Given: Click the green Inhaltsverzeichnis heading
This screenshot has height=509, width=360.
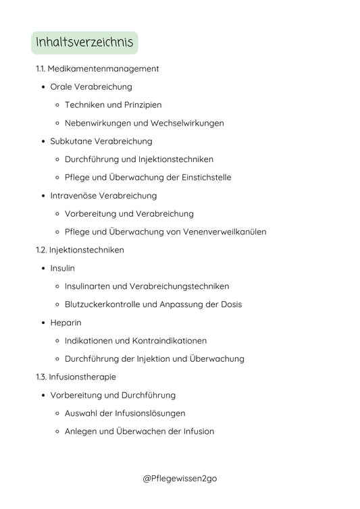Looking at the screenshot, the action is (84, 43).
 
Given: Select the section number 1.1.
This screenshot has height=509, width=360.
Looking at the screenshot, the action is (41, 69).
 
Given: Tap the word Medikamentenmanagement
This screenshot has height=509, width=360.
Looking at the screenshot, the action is (103, 69).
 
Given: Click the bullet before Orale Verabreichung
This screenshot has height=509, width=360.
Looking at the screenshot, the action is (44, 87).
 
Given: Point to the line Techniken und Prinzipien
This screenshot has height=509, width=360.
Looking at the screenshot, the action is (113, 105).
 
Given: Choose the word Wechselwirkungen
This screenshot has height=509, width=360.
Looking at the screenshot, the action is (184, 124).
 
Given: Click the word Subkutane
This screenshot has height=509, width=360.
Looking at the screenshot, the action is (71, 141).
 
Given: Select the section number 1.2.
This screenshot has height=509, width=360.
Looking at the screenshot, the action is (41, 250).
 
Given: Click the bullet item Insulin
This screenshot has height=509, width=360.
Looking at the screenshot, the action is (63, 268).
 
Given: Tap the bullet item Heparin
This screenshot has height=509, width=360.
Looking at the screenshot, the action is (66, 323).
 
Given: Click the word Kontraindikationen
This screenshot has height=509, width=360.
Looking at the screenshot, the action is (167, 341).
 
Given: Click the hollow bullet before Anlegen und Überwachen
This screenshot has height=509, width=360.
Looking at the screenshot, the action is (58, 431).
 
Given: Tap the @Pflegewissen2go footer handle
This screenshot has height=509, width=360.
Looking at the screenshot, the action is (180, 479).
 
